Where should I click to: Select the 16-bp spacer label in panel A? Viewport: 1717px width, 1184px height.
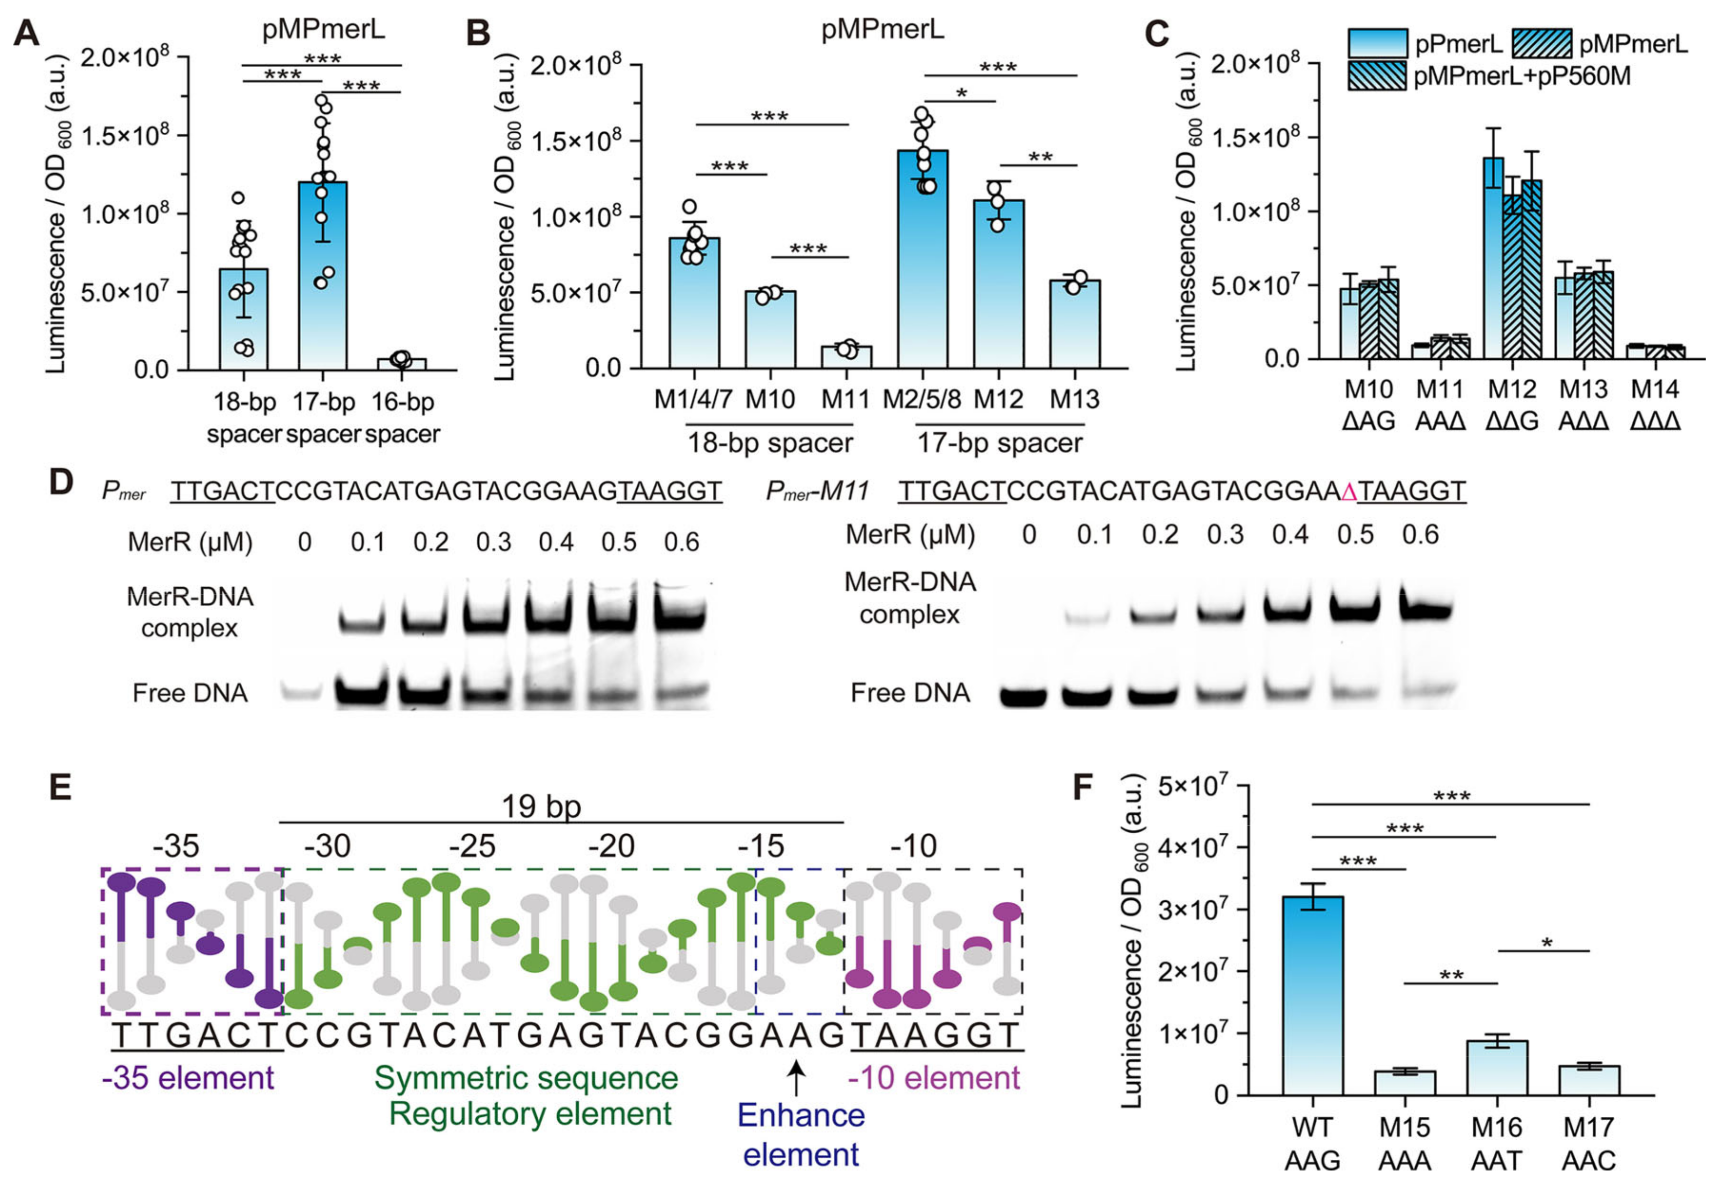pyautogui.click(x=403, y=418)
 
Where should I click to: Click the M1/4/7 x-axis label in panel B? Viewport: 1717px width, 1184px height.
pyautogui.click(x=693, y=400)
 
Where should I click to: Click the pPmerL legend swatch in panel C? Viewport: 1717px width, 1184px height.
pyautogui.click(x=1377, y=43)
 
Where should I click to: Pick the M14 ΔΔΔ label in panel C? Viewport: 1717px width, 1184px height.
pyautogui.click(x=1656, y=405)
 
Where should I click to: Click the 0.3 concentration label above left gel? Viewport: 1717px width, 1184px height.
pyautogui.click(x=493, y=543)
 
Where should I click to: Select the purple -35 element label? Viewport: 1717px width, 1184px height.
pyautogui.click(x=188, y=1077)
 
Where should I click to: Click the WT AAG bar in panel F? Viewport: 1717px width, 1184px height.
pyautogui.click(x=1313, y=995)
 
